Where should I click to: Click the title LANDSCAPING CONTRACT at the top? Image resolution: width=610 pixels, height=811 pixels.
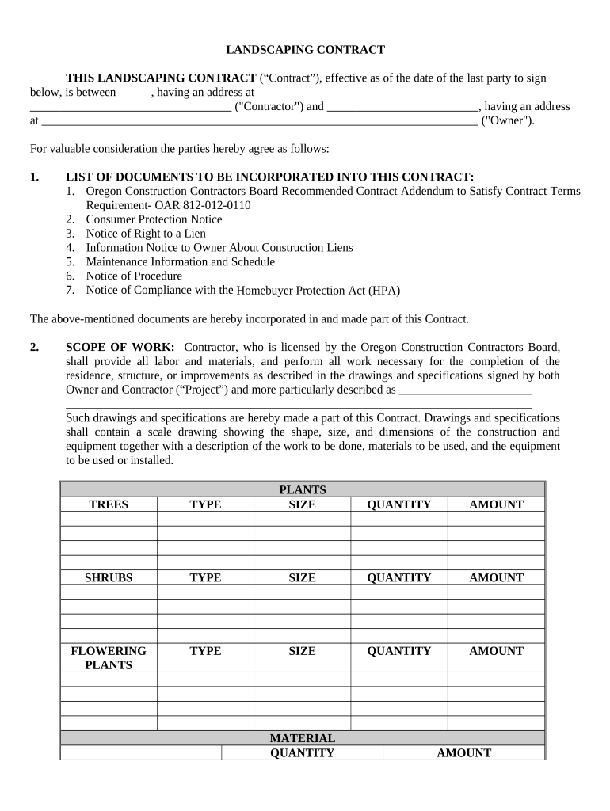[305, 50]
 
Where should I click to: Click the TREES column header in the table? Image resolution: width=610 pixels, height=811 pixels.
[109, 504]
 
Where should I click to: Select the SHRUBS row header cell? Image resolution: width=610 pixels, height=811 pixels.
[109, 578]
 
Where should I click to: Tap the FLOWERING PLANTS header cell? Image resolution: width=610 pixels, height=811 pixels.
[109, 658]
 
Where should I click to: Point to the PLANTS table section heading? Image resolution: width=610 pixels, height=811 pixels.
[302, 490]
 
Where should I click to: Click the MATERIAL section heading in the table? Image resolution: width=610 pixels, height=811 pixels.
[302, 738]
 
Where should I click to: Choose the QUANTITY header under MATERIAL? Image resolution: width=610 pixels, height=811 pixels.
[302, 753]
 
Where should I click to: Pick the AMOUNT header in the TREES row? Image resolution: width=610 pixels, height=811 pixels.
[496, 504]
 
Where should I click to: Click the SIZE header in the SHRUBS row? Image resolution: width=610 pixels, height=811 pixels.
[302, 578]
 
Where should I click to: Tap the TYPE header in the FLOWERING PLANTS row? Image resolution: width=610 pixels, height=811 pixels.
[205, 651]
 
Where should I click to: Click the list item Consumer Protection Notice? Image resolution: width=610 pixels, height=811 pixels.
[154, 219]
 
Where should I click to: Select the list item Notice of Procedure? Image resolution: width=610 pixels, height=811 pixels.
[134, 276]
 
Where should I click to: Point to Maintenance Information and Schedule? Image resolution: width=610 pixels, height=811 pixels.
[180, 262]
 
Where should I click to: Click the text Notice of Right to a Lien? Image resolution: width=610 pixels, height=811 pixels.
[146, 234]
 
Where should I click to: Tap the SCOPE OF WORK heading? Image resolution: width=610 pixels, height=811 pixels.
[120, 348]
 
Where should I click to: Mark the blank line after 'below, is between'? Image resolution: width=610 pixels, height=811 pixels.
[134, 93]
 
